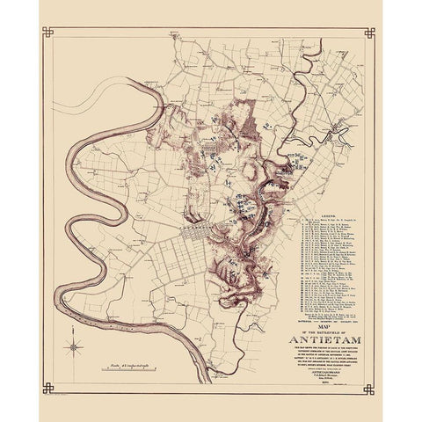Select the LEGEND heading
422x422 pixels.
(325, 213)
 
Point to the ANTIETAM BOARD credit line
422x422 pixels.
(321, 370)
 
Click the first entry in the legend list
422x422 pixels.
(325, 220)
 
